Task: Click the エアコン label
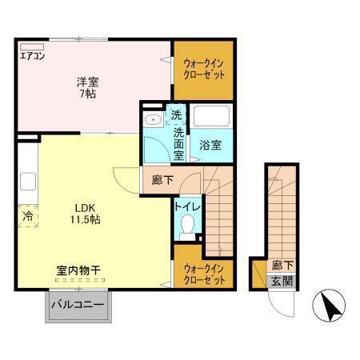33,57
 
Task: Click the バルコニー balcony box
78,306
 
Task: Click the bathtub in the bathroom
212,118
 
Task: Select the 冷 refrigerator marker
26,216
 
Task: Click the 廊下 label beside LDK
162,180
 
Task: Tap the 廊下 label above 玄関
280,264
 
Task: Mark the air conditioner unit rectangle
32,46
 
